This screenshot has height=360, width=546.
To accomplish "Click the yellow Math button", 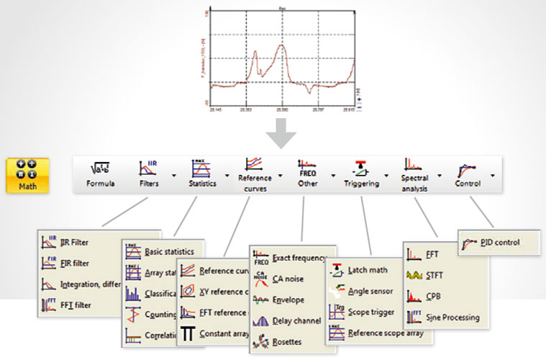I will [x=29, y=176].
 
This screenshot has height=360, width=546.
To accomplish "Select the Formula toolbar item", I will [x=101, y=175].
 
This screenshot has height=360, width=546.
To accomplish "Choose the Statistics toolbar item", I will [x=202, y=175].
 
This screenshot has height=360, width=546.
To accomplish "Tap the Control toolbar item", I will [x=468, y=175].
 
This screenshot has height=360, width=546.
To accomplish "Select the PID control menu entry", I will [x=490, y=243].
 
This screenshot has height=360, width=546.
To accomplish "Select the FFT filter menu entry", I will [x=76, y=305].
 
